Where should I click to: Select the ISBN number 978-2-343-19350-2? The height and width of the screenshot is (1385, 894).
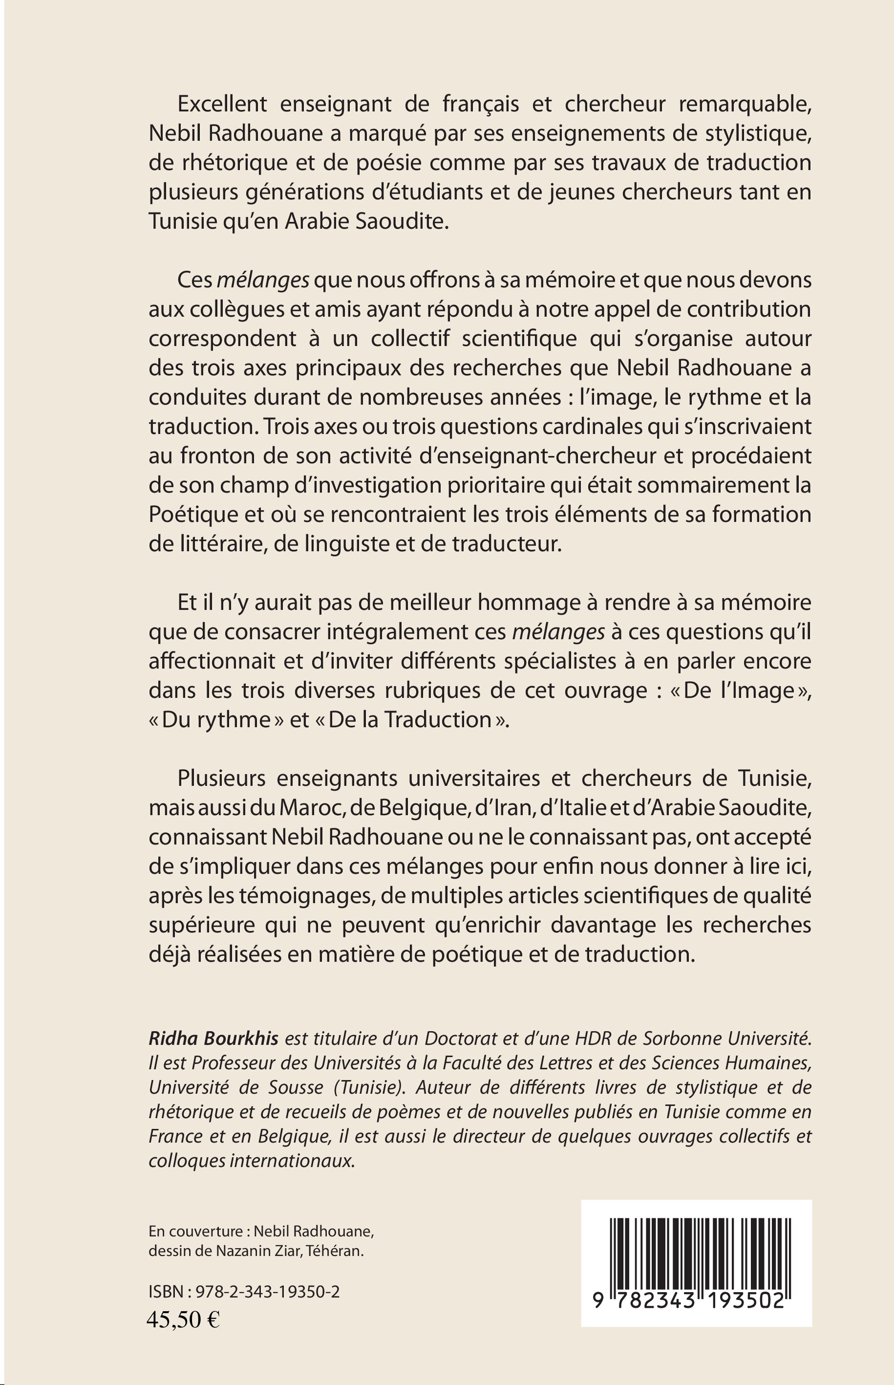point(268,1292)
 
